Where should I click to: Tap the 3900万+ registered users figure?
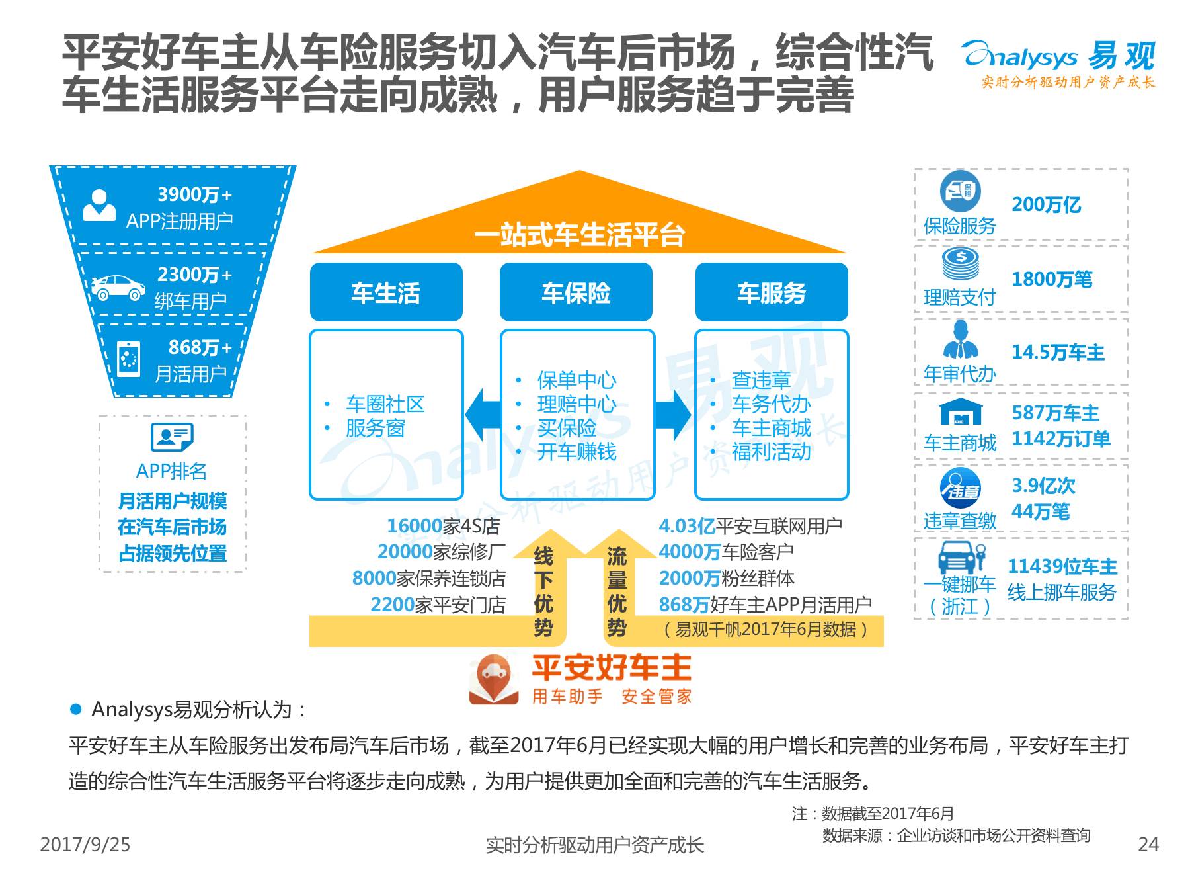[x=194, y=195]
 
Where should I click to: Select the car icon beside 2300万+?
[x=118, y=287]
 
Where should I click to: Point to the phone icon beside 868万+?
[x=128, y=359]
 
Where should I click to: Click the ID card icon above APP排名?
[x=172, y=437]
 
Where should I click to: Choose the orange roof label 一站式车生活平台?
[x=579, y=235]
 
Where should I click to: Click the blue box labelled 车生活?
[x=386, y=292]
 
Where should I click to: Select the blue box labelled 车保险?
[x=576, y=292]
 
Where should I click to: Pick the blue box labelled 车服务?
[x=772, y=292]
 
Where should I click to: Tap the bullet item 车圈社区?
[x=385, y=404]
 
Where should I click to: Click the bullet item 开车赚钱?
[x=576, y=452]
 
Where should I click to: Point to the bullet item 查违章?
[x=761, y=380]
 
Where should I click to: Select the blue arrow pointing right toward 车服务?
[x=673, y=415]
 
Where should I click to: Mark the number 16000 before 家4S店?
[x=415, y=526]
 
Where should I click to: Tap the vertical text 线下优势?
[x=543, y=591]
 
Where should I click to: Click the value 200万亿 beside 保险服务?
[x=1046, y=205]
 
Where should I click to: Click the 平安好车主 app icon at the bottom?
[x=490, y=679]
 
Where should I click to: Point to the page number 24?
[x=1148, y=845]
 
